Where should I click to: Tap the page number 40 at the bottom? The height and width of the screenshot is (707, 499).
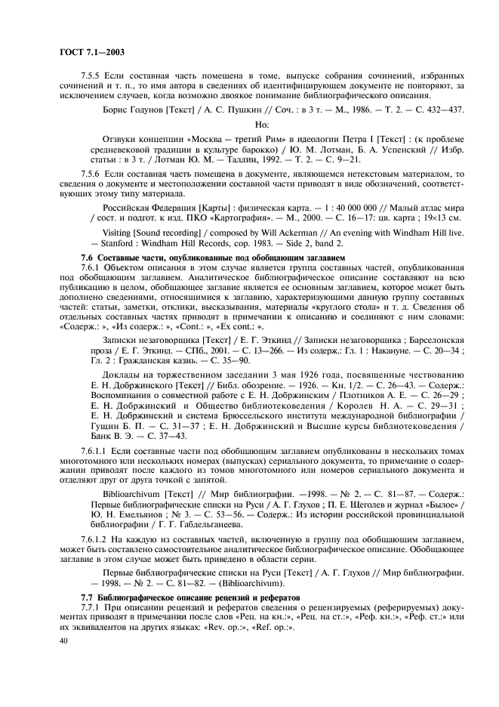(63, 641)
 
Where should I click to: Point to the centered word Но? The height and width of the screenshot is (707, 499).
(263, 124)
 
